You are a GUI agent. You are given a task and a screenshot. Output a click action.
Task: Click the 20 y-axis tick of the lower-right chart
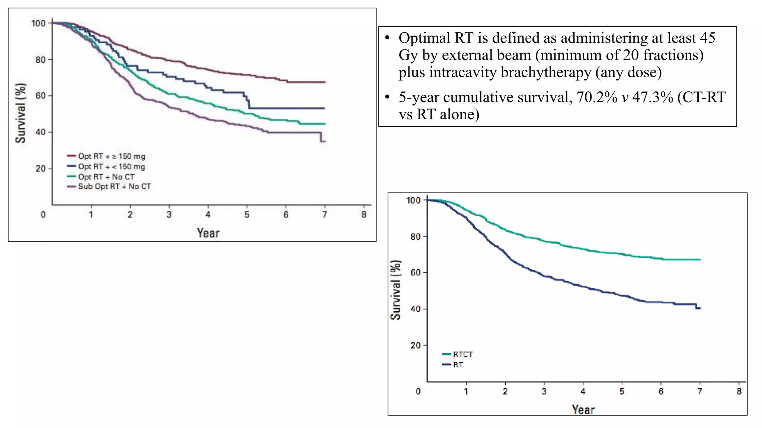(x=415, y=345)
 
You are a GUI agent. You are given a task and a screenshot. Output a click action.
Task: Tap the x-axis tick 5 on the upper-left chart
(x=247, y=214)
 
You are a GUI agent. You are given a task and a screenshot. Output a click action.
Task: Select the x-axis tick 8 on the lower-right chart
(x=739, y=391)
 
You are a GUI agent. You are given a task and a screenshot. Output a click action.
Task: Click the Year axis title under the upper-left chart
(x=208, y=233)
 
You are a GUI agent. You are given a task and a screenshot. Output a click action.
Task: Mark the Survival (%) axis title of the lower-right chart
(x=396, y=290)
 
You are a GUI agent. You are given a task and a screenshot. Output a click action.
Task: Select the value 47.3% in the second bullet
(x=653, y=97)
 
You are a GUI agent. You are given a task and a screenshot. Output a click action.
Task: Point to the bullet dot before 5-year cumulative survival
(x=387, y=97)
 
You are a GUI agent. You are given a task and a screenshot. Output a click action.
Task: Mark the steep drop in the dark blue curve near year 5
(x=247, y=101)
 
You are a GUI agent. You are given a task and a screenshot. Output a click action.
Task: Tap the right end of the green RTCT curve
(x=700, y=259)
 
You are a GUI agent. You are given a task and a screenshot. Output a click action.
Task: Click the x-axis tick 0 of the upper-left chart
(x=43, y=214)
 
